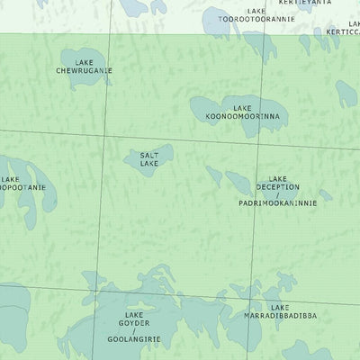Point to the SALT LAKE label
[x=149, y=159]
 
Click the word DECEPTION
[x=278, y=187]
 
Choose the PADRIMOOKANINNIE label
[x=278, y=204]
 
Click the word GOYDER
[x=134, y=323]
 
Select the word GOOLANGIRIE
[x=134, y=340]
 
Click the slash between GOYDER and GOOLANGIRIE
[x=134, y=332]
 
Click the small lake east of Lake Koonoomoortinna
[x=346, y=93]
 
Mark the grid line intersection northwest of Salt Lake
[x=105, y=137]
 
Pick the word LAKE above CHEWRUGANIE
[x=85, y=61]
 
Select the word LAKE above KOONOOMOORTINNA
[x=242, y=108]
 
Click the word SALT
[x=149, y=155]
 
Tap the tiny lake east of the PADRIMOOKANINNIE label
[x=325, y=194]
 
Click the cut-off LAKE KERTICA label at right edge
[x=342, y=27]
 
